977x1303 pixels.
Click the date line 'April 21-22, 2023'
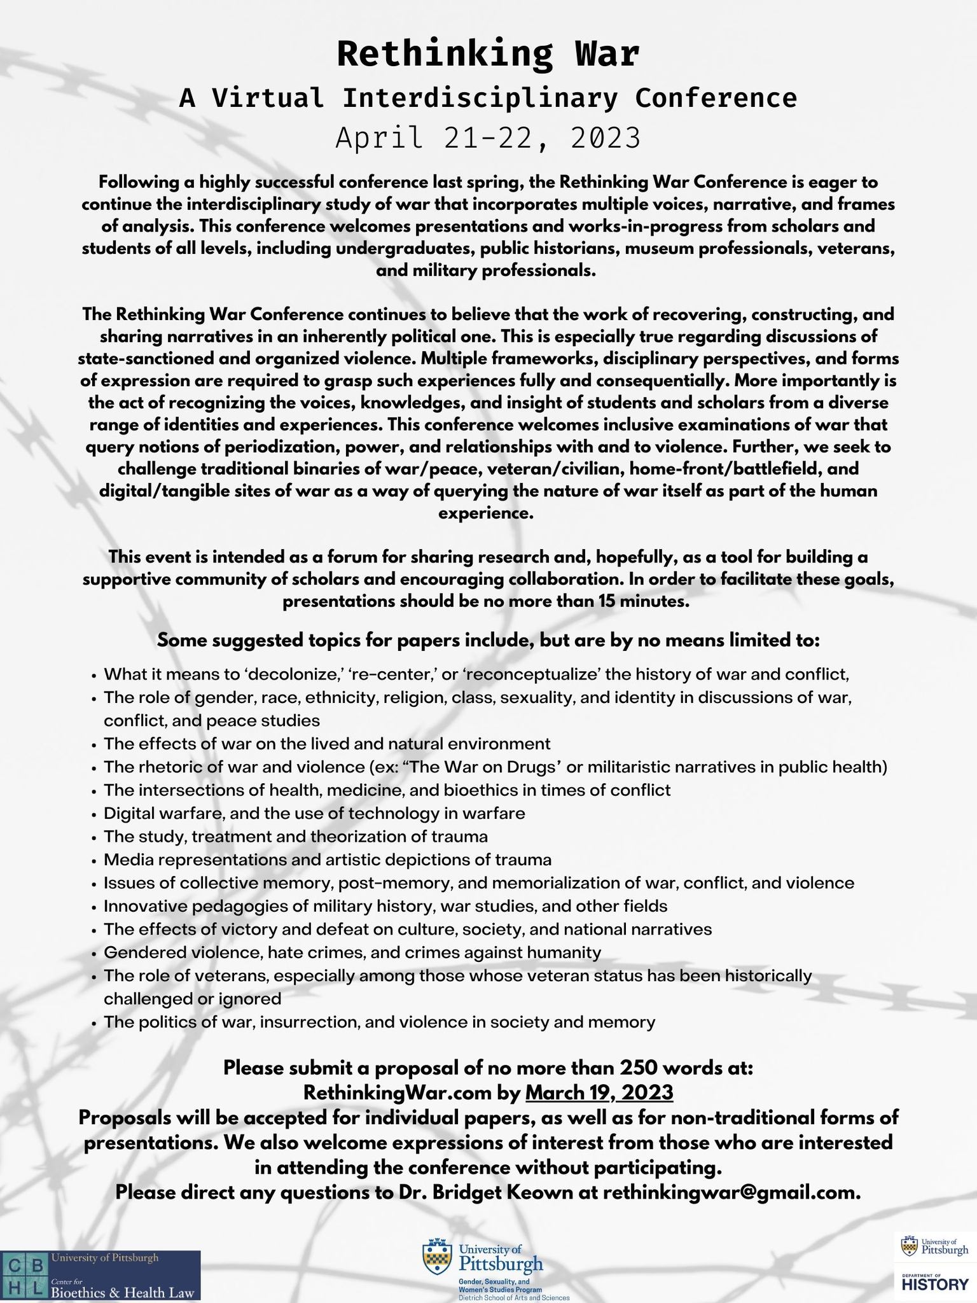pyautogui.click(x=488, y=138)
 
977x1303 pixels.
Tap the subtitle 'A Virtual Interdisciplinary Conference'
pyautogui.click(x=488, y=98)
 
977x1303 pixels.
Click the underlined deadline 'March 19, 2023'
pyautogui.click(x=599, y=1092)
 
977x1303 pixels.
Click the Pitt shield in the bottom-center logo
pyautogui.click(x=437, y=1253)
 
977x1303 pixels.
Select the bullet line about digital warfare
pyautogui.click(x=314, y=813)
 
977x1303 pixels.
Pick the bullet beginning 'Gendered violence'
pyautogui.click(x=352, y=952)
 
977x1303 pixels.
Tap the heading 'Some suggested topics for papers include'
pyautogui.click(x=488, y=640)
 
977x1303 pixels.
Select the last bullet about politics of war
pyautogui.click(x=379, y=1022)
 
